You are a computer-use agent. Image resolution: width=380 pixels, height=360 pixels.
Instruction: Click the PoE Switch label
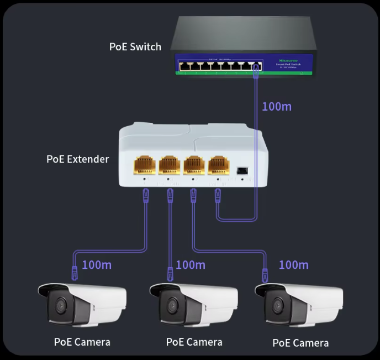(135, 46)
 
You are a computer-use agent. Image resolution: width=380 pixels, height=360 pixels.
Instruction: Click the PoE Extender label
(77, 159)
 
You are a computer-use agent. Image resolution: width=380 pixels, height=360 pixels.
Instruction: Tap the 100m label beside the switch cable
(276, 106)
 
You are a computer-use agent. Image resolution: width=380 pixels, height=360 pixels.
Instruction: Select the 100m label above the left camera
(97, 265)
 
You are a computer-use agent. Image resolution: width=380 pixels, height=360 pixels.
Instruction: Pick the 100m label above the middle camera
(191, 265)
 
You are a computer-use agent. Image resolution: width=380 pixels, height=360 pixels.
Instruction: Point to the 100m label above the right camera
(293, 265)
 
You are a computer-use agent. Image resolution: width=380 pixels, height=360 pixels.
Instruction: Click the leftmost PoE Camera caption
(82, 342)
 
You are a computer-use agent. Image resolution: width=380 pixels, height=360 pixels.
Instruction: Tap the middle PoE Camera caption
(194, 342)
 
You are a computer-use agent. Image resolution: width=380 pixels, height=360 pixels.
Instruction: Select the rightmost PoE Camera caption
(300, 343)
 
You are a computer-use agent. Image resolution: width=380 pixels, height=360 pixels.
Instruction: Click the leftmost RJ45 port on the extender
(145, 164)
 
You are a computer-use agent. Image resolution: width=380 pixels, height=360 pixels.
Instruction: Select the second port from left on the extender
(169, 164)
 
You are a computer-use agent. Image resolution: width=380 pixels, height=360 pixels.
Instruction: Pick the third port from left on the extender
(194, 164)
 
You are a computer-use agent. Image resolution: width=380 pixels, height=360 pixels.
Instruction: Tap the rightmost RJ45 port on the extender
(219, 164)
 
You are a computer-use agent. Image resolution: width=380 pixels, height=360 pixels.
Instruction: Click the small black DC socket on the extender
(242, 170)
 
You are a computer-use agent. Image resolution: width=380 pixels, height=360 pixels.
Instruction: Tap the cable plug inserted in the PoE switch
(255, 69)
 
